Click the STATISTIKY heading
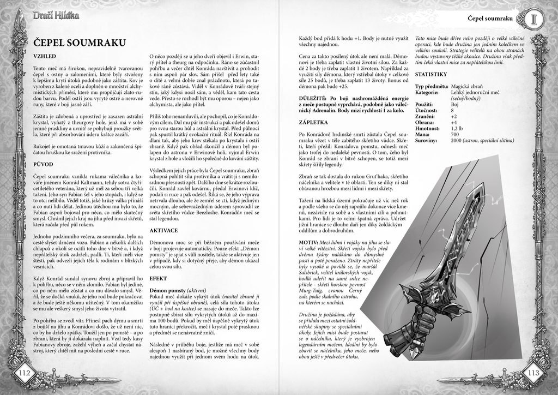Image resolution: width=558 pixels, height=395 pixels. (431, 74)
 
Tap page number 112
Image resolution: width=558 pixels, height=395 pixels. (26, 373)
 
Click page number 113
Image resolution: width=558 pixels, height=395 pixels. (533, 373)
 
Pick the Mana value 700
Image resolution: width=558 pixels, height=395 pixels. (455, 134)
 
